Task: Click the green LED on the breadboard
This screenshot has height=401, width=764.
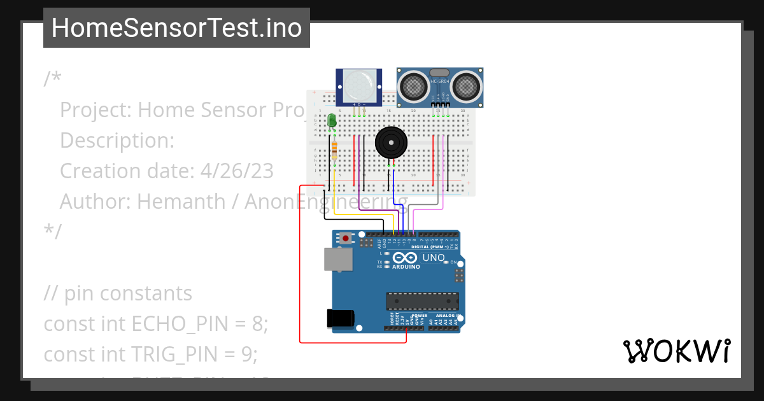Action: point(332,120)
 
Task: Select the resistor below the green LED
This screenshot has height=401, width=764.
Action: point(335,151)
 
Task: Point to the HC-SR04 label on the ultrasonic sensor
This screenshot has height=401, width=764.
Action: point(439,81)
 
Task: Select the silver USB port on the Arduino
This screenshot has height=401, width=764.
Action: point(338,259)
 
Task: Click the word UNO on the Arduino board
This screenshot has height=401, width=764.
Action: point(434,257)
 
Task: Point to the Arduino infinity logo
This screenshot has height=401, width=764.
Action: point(405,257)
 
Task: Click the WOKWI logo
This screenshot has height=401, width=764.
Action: point(676,351)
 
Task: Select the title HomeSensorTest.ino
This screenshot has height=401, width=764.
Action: point(176,28)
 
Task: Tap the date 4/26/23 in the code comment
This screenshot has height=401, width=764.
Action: point(237,171)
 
